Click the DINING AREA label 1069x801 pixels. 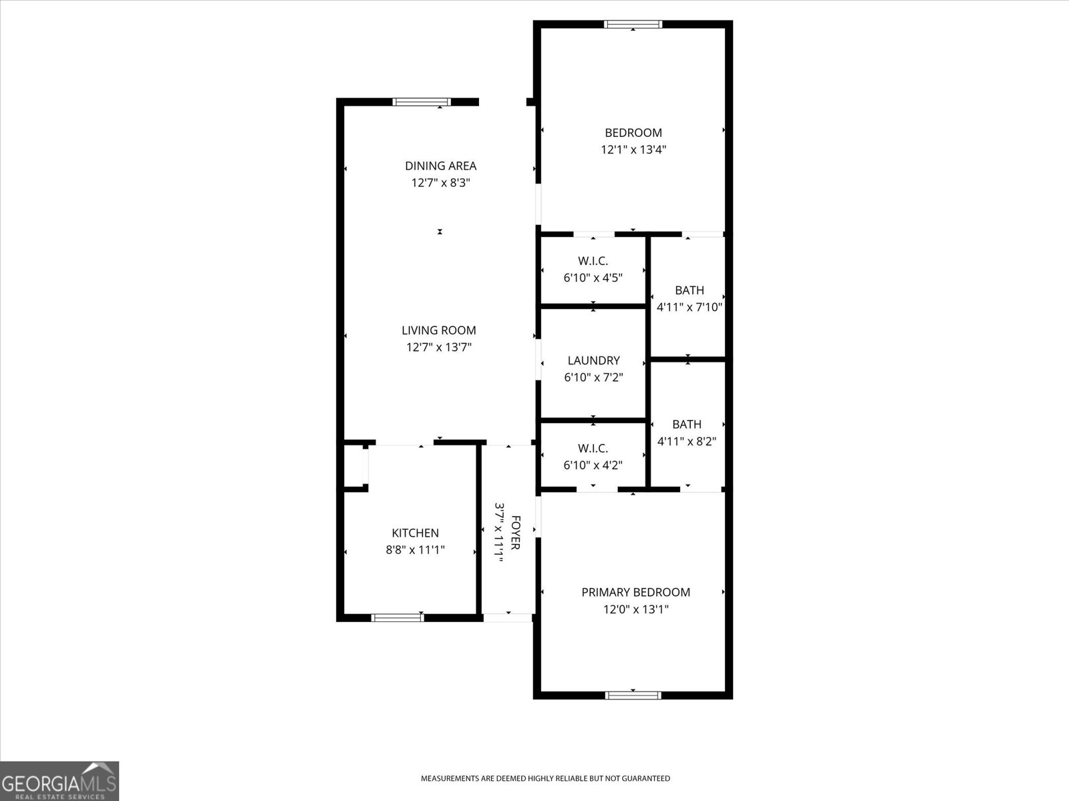tap(440, 166)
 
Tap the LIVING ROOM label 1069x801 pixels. tap(439, 330)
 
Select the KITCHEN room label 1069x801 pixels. tap(415, 533)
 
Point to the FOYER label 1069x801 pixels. tap(515, 533)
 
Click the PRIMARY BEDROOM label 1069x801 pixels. tap(635, 592)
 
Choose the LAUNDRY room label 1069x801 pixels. tap(593, 360)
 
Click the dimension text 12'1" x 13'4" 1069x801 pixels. tap(633, 150)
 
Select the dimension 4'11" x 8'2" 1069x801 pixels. tap(687, 441)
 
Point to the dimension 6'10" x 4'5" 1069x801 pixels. tap(593, 278)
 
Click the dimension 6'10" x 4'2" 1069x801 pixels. tap(593, 465)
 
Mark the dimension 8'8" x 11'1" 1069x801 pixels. tap(415, 550)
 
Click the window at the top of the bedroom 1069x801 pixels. tap(633, 25)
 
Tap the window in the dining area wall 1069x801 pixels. tap(422, 102)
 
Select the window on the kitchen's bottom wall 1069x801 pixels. tap(398, 617)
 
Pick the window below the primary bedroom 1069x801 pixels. tap(633, 695)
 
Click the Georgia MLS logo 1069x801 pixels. tap(59, 780)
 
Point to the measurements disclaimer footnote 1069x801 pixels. tap(545, 778)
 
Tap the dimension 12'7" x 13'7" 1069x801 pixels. tap(439, 347)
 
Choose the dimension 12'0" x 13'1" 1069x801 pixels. tap(635, 609)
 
